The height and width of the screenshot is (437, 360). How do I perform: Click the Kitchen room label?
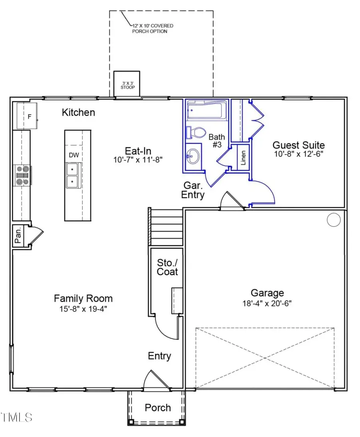pyautogui.click(x=78, y=112)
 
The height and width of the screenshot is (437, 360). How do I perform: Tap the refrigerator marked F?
pyautogui.click(x=26, y=116)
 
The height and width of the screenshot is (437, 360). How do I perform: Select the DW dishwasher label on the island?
pyautogui.click(x=74, y=155)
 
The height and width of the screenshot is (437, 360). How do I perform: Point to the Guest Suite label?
pyautogui.click(x=298, y=145)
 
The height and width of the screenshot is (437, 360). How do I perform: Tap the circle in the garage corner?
pyautogui.click(x=333, y=219)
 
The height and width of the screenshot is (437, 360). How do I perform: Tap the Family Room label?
pyautogui.click(x=83, y=298)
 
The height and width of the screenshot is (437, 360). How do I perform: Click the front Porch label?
pyautogui.click(x=158, y=407)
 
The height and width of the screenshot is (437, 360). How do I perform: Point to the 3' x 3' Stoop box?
pyautogui.click(x=127, y=84)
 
